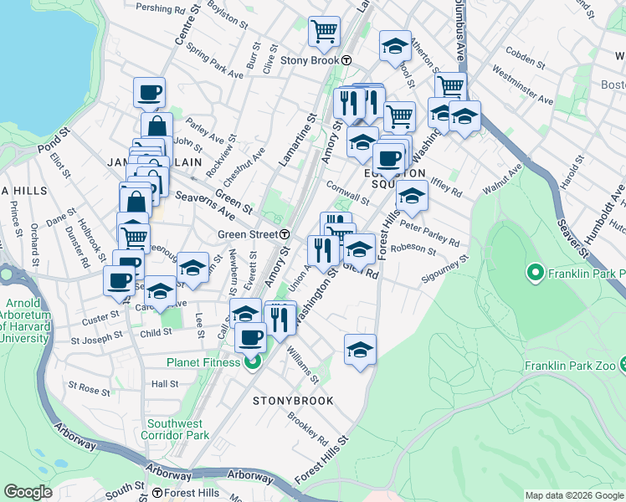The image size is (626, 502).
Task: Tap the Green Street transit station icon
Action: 285,234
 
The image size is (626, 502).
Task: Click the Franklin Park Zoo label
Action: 568,366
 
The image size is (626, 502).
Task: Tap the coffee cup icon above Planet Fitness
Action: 250,337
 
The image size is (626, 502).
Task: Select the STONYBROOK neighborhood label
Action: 293,401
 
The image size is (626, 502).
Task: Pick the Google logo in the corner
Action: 27,492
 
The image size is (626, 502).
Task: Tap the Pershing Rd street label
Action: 162,10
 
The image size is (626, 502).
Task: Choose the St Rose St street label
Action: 90,390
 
